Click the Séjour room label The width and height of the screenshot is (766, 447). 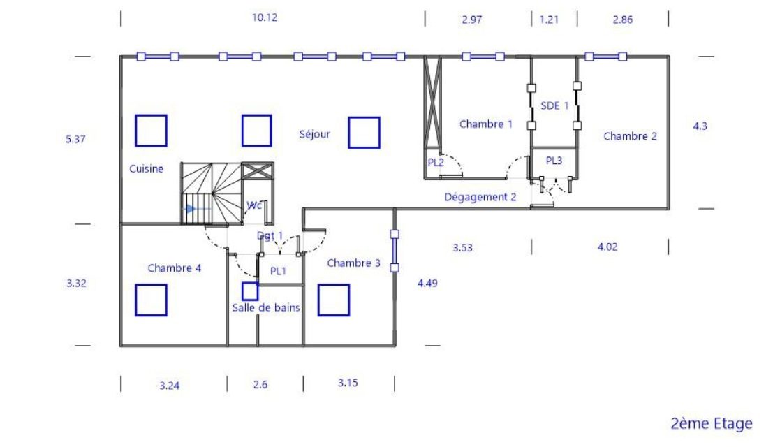[x=315, y=134]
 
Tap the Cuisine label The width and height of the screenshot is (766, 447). [x=146, y=168]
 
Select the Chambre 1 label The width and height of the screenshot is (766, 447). [x=485, y=124]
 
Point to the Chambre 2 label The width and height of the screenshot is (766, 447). [x=631, y=136]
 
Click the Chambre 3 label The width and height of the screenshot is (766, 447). [x=353, y=263]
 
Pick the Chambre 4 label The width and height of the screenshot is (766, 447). [x=175, y=268]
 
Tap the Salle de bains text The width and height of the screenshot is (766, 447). [x=266, y=307]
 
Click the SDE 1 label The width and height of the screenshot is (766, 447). [x=554, y=105]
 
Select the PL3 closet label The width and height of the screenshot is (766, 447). [x=554, y=160]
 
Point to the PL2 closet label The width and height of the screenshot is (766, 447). [x=436, y=162]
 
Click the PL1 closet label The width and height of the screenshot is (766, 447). [x=278, y=270]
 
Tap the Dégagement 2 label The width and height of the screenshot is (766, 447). [x=480, y=197]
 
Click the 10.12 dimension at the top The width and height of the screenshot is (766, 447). [x=265, y=17]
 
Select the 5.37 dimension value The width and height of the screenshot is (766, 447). [x=75, y=139]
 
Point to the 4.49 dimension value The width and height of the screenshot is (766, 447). [x=427, y=283]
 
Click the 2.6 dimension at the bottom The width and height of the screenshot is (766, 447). [x=260, y=385]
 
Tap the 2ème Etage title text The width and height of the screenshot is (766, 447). [x=712, y=423]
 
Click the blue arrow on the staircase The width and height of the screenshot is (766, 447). [x=193, y=209]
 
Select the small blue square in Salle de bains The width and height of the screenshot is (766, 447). [x=250, y=291]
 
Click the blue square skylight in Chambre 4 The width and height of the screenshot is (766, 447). [x=151, y=300]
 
